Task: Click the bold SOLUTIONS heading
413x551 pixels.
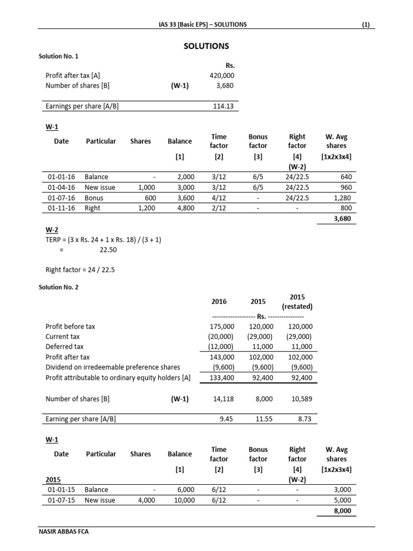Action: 206,46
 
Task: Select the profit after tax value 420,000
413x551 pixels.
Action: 222,76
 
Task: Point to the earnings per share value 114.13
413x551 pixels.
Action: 223,107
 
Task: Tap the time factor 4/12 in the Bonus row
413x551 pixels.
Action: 218,197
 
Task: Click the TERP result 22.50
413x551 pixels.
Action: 108,250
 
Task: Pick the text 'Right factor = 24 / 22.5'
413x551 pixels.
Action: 80,270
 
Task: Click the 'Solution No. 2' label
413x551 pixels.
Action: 59,287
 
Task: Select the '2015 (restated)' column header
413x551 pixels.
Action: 297,302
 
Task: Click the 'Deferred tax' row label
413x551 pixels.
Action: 65,347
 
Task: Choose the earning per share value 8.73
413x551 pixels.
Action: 304,420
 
